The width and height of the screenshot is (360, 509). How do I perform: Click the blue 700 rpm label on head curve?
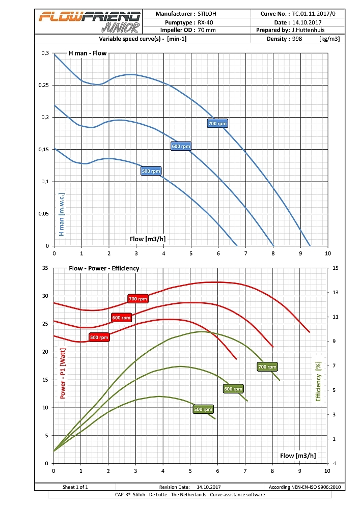click(x=217, y=123)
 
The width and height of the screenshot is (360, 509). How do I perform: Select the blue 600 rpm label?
click(x=181, y=146)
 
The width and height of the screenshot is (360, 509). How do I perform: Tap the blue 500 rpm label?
click(x=151, y=171)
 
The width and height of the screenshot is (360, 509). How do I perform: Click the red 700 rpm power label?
click(x=138, y=299)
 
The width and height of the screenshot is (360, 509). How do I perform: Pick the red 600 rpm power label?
click(x=122, y=318)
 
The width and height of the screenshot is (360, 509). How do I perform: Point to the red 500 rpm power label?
click(x=99, y=337)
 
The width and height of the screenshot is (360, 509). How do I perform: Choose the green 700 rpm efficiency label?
click(x=267, y=366)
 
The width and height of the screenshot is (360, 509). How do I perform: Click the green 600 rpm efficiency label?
click(x=233, y=388)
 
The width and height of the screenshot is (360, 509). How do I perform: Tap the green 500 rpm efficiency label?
click(x=203, y=409)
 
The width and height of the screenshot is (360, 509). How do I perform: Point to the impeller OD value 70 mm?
click(x=207, y=30)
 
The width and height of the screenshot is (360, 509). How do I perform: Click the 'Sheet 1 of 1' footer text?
click(x=75, y=487)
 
